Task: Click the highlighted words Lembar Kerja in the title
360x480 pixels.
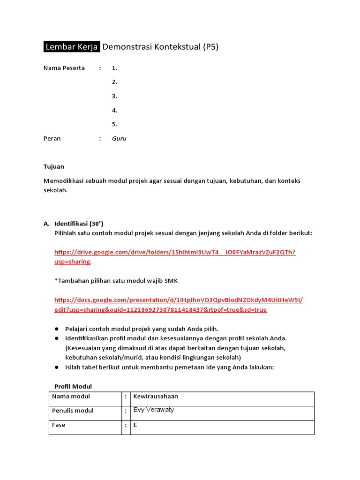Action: (x=72, y=47)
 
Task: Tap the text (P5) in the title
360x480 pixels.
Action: (x=210, y=47)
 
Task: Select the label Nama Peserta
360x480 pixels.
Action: (x=64, y=68)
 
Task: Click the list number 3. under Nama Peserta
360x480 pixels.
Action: (x=114, y=96)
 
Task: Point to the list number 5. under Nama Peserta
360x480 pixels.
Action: (x=114, y=124)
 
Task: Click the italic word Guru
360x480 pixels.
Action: (x=119, y=139)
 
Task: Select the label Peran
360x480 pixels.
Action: (x=52, y=139)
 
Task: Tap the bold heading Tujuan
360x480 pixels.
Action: (x=54, y=166)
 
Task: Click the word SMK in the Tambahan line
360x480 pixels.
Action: (x=171, y=281)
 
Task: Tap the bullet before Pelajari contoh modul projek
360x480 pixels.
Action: (x=57, y=329)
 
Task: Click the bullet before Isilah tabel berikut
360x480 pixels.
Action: (x=57, y=367)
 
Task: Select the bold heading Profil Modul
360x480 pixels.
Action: (x=73, y=386)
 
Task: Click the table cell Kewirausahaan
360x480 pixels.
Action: (x=156, y=397)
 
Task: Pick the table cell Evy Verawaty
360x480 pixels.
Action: (x=154, y=410)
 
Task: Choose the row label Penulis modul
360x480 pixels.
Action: (x=73, y=411)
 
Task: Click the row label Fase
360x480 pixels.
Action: (x=59, y=425)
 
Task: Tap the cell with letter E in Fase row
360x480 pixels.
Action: (x=135, y=426)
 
